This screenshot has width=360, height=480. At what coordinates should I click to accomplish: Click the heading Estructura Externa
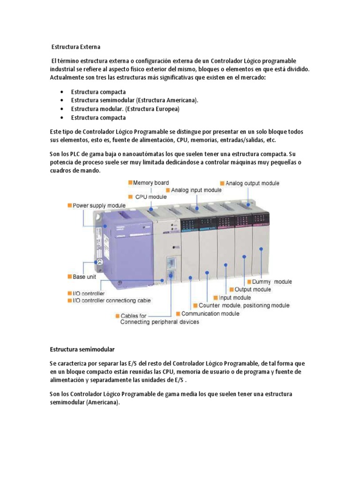pos(75,47)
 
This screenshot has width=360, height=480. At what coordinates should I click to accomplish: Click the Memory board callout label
pos(151,183)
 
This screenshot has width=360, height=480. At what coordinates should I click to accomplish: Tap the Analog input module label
pos(196,190)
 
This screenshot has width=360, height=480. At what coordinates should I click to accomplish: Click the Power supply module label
pos(99,205)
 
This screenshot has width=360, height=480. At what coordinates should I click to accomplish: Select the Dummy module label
pos(272,282)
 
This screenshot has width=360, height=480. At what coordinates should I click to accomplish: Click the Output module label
pos(252,290)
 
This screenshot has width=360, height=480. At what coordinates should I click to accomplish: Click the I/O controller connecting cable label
pos(112,300)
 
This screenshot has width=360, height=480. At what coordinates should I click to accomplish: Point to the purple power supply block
pos(124,244)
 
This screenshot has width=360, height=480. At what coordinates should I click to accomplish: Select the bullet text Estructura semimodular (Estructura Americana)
pos(135,100)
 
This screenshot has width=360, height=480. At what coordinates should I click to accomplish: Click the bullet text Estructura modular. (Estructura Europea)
pos(125,109)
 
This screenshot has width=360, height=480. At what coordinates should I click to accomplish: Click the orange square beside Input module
pos(216,297)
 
